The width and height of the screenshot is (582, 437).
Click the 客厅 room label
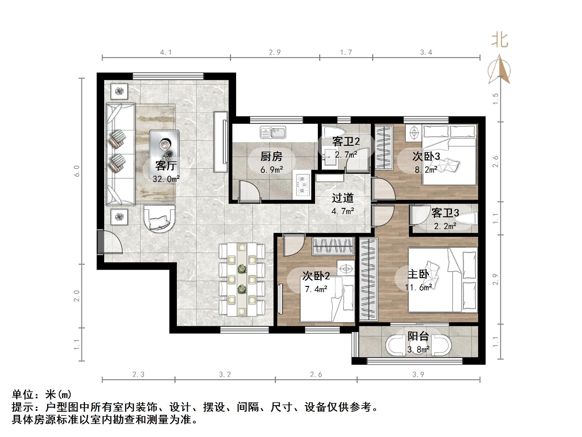[x=166, y=165]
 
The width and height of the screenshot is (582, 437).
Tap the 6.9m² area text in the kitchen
[x=272, y=170]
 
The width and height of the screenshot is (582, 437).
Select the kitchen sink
[x=273, y=133]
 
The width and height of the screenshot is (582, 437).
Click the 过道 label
[x=342, y=198]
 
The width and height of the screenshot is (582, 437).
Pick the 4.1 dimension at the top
[x=166, y=52]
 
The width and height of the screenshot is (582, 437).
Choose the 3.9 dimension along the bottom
[x=418, y=374]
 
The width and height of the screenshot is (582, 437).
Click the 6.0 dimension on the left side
[x=77, y=171]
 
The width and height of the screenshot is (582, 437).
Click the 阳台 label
[x=418, y=336]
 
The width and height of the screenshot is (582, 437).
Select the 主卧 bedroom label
[x=418, y=274]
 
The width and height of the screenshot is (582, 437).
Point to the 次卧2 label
[x=316, y=276]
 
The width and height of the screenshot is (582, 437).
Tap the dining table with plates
[x=242, y=279]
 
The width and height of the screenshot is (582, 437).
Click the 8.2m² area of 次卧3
[x=426, y=170]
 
